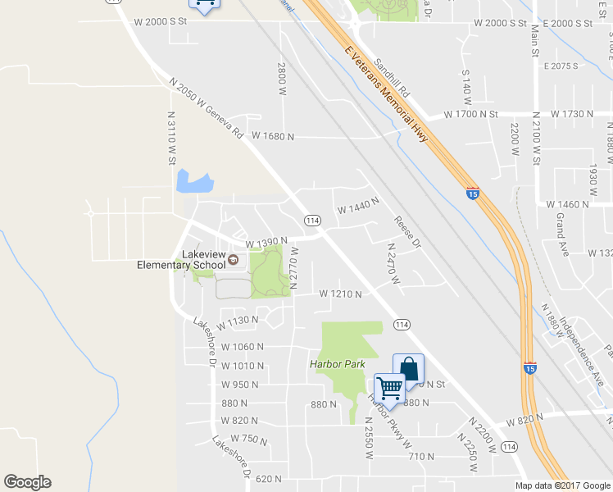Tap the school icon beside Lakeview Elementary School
pos(234,260)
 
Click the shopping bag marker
pos(408,369)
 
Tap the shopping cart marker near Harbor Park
pos(389,389)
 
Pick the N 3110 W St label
pos(172,139)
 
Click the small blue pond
pos(194,182)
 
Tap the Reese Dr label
pos(407,232)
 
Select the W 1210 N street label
pos(340,293)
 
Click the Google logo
pos(27,482)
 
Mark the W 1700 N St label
pos(471,114)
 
